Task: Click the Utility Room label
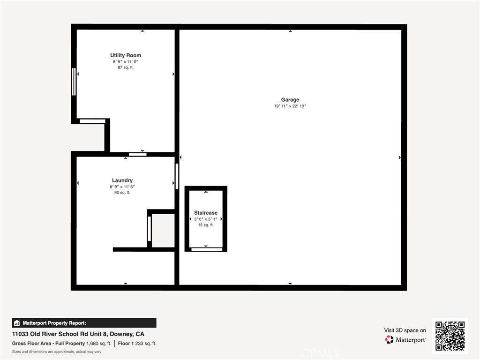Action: tap(126, 55)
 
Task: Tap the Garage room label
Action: tap(290, 99)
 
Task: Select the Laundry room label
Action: tap(122, 180)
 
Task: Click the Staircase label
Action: tap(206, 213)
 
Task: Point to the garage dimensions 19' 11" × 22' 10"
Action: tap(290, 106)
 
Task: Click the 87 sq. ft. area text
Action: tap(126, 67)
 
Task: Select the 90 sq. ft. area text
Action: tap(122, 193)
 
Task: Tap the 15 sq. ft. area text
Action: tap(206, 225)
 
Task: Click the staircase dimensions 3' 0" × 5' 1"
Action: tap(206, 219)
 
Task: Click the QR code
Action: tap(450, 336)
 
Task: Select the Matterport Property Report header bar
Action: tap(84, 323)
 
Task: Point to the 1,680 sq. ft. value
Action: tap(98, 344)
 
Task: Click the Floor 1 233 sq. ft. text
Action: tap(137, 344)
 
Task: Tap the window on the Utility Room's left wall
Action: tap(74, 82)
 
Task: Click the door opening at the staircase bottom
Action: tap(207, 249)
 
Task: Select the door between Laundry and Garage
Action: tap(177, 176)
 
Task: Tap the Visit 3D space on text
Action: tap(405, 330)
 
